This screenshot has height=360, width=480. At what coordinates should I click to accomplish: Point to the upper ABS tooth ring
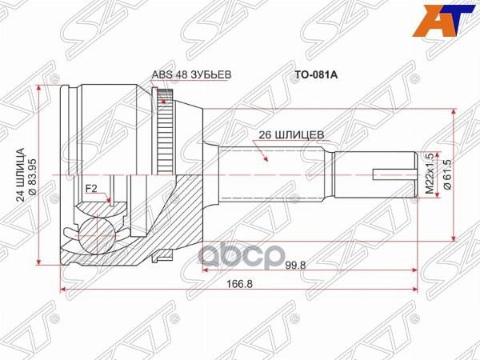(x=166, y=102)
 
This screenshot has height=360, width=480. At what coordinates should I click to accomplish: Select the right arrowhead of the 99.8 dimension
(x=414, y=268)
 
